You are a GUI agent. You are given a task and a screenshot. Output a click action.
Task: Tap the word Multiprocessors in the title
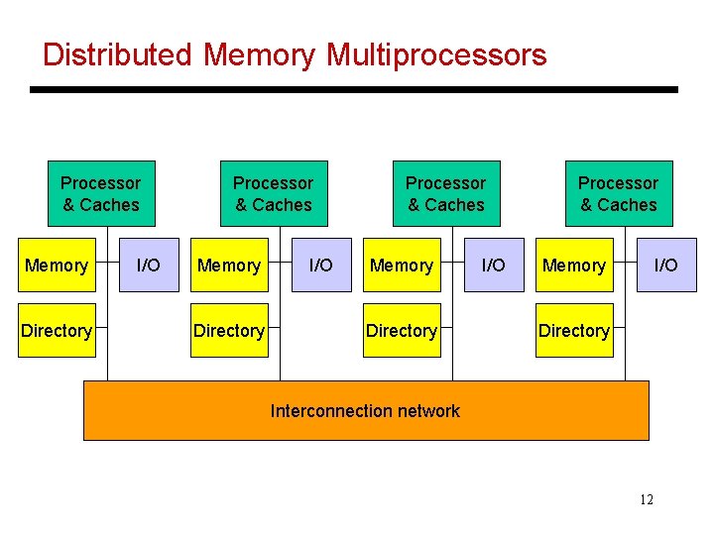coord(436,54)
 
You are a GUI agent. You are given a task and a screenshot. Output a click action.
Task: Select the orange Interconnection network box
coord(365,410)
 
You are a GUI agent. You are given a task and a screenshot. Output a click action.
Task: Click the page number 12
coord(646,499)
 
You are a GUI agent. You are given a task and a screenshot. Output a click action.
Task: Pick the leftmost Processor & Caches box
coord(101,193)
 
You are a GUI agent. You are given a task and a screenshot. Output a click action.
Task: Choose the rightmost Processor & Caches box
coord(619,193)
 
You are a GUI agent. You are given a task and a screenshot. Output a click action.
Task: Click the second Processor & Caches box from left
coord(274,193)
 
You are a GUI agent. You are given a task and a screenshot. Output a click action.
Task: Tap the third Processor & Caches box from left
coord(446,193)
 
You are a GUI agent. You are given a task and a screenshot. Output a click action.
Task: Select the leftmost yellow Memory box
coord(57,265)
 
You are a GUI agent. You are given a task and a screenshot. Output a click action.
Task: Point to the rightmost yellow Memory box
coord(574,265)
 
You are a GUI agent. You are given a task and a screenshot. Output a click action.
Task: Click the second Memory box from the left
coord(229,265)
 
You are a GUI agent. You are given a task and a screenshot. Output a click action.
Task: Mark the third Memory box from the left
coord(402,265)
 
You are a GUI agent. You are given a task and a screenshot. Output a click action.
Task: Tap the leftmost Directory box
coord(57,330)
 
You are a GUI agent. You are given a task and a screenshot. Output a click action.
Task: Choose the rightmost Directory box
coord(574,330)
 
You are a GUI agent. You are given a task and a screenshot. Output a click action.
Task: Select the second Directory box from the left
coord(229,330)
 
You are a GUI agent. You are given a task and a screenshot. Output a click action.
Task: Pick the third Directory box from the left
coord(402,330)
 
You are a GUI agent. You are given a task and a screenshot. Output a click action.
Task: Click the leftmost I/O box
coord(149,265)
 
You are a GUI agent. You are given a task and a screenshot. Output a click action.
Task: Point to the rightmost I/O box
coord(666,265)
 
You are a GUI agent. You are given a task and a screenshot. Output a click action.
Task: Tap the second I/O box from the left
coord(321,265)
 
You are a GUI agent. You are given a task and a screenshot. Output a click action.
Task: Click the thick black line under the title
coord(353,89)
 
